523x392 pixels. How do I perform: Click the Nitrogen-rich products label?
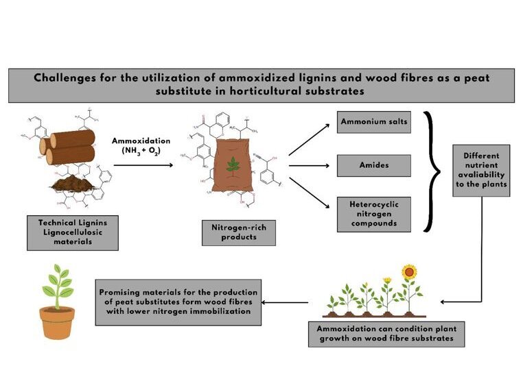click(239, 233)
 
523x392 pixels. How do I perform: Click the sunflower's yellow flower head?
click(409, 271)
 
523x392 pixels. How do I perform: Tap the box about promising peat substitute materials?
click(178, 302)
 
